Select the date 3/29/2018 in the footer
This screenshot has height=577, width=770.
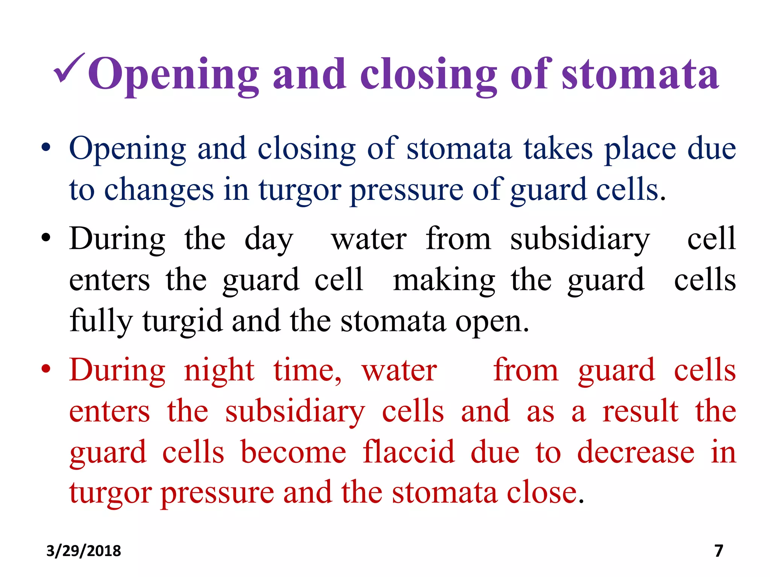pyautogui.click(x=83, y=551)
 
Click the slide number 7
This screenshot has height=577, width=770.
pyautogui.click(x=718, y=551)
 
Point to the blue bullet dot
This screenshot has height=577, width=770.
pyautogui.click(x=46, y=148)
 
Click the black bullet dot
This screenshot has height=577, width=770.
pyautogui.click(x=46, y=238)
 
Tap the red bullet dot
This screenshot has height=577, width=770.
pyautogui.click(x=46, y=370)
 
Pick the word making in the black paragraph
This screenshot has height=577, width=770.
pyautogui.click(x=444, y=281)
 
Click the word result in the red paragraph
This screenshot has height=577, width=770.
pyautogui.click(x=640, y=412)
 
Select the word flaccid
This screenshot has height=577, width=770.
pyautogui.click(x=409, y=452)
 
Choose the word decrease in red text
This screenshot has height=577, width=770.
pyautogui.click(x=636, y=452)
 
